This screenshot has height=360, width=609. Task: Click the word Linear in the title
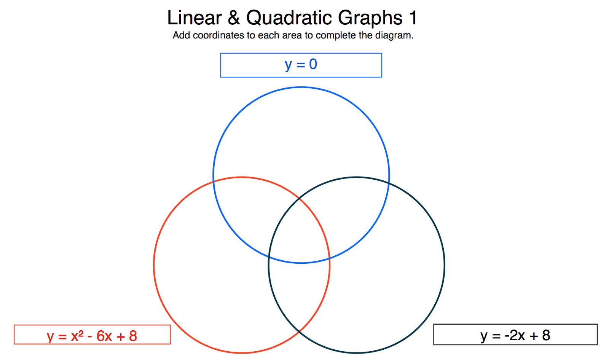[x=194, y=18]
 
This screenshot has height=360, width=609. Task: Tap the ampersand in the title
[x=234, y=18]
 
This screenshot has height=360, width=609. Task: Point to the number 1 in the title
[x=413, y=18]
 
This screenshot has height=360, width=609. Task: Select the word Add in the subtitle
[x=181, y=35]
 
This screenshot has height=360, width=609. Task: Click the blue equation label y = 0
[x=301, y=65]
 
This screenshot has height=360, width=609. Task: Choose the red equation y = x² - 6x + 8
[x=92, y=336]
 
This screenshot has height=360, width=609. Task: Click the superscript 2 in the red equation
[x=81, y=333]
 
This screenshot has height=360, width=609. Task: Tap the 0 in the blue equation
[x=313, y=64]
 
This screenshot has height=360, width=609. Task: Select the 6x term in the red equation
[x=104, y=336]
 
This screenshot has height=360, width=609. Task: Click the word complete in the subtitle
[x=336, y=36]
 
